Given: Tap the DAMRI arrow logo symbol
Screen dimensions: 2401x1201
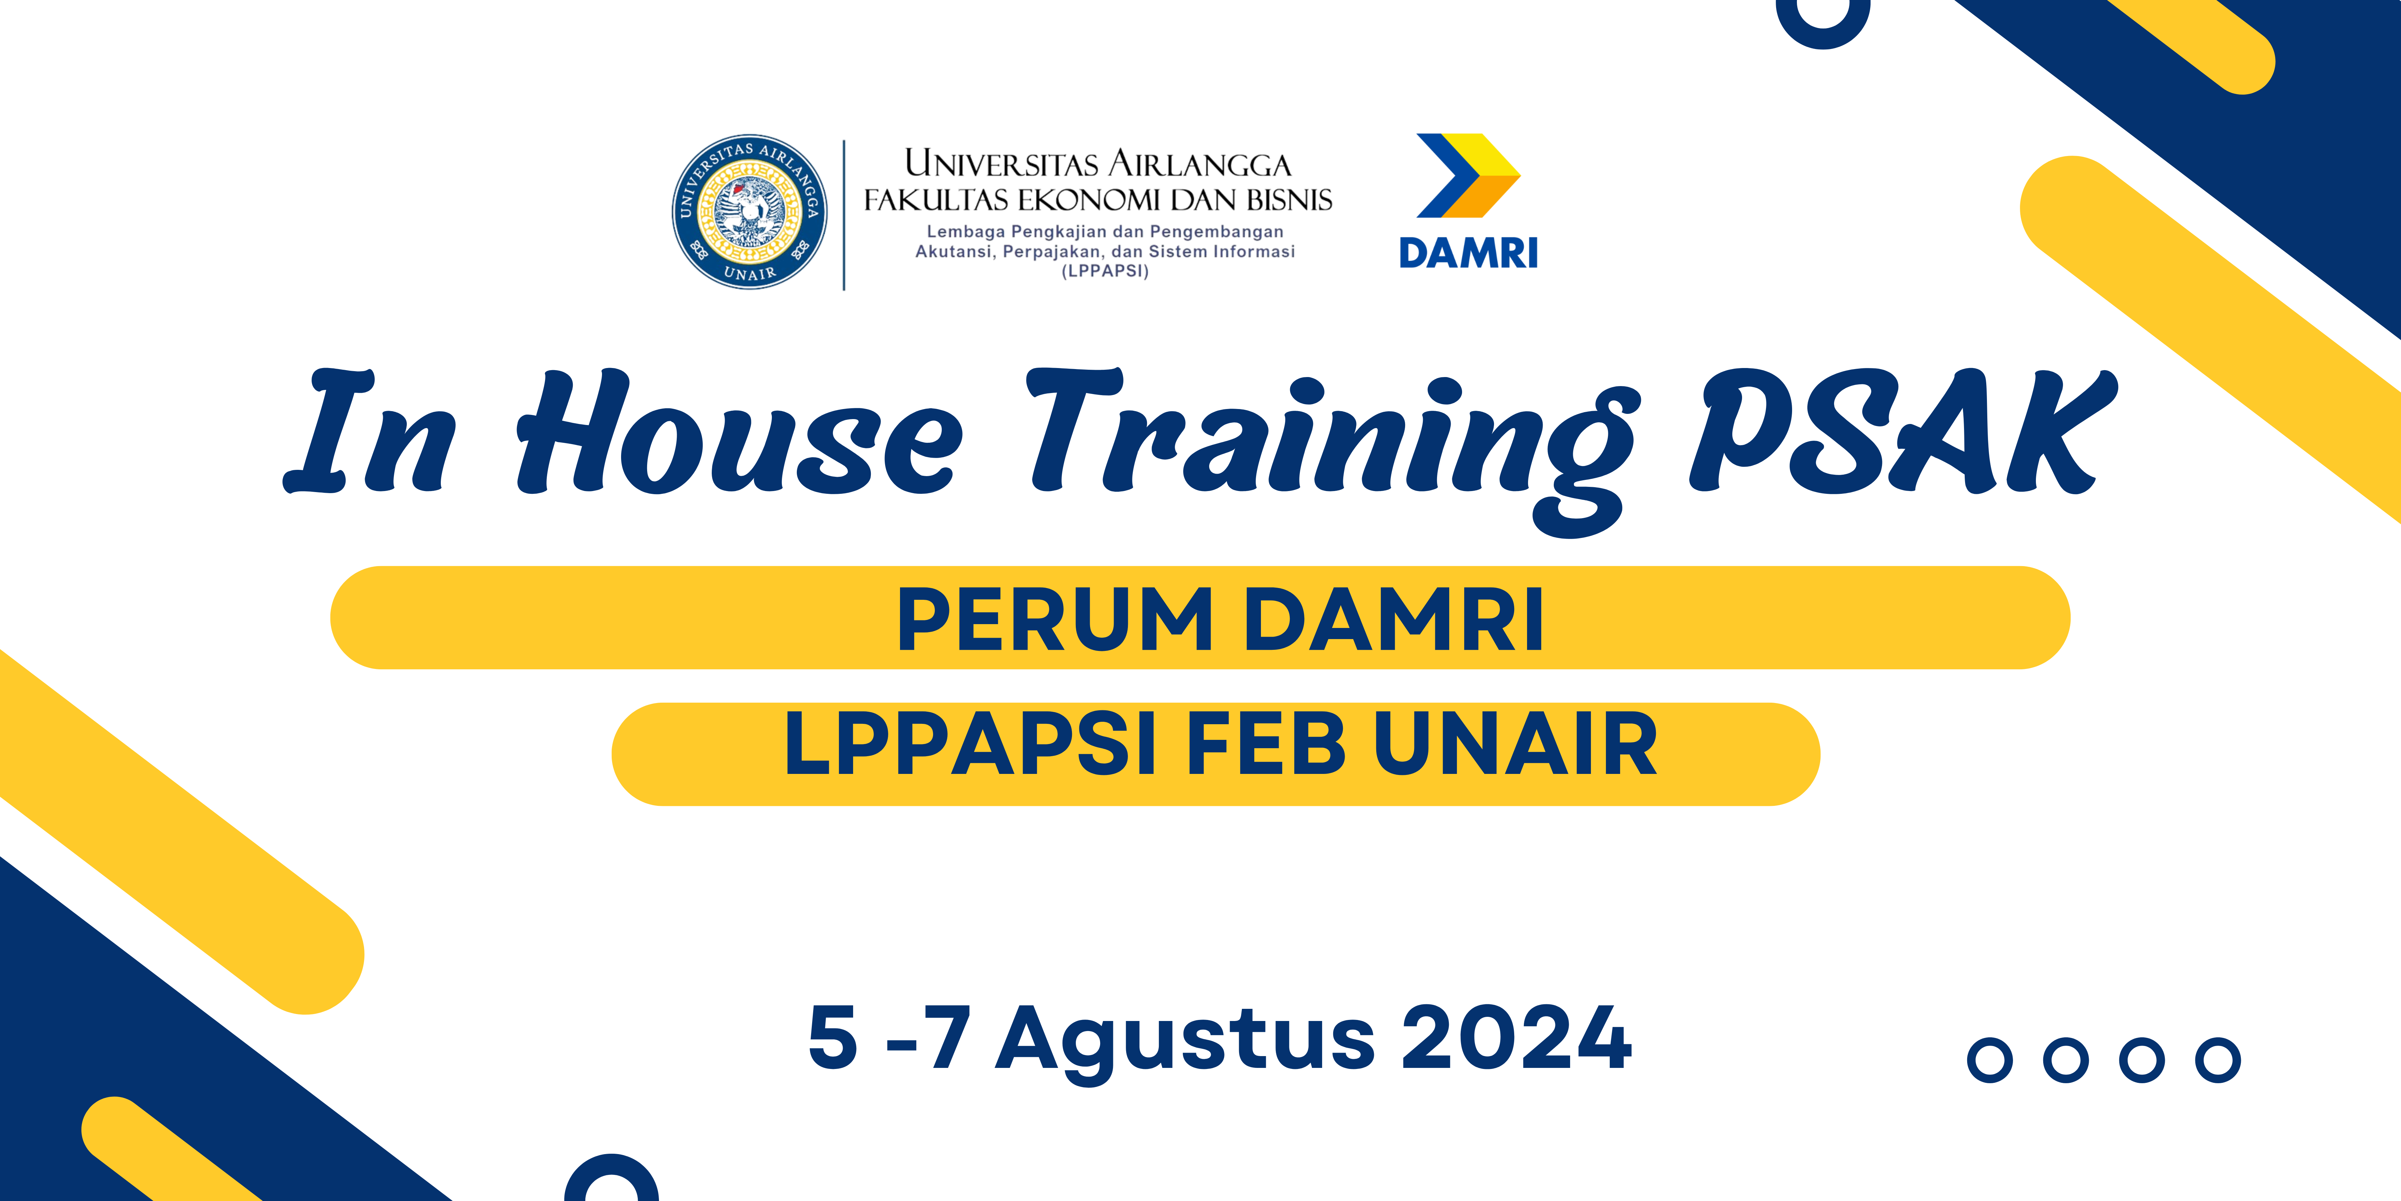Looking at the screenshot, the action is [1468, 175].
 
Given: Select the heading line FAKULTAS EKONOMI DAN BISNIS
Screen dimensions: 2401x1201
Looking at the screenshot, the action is [1098, 199].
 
